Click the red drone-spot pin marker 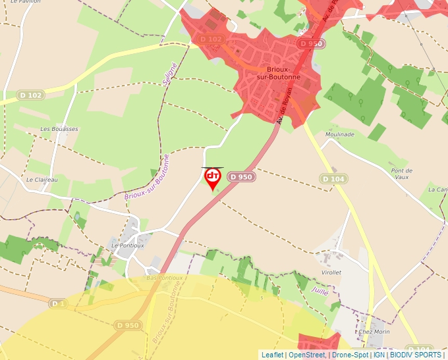point(212,178)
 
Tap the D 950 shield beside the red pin point(241,177)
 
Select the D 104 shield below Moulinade point(333,178)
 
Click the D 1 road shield point(58,303)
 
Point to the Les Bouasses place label point(59,129)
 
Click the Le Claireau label point(42,179)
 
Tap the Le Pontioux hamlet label point(128,245)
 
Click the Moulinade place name point(339,134)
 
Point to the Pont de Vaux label point(401,174)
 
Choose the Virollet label point(331,272)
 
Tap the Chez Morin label point(374,332)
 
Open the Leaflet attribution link point(272,355)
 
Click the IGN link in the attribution point(379,355)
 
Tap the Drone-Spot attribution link point(350,355)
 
